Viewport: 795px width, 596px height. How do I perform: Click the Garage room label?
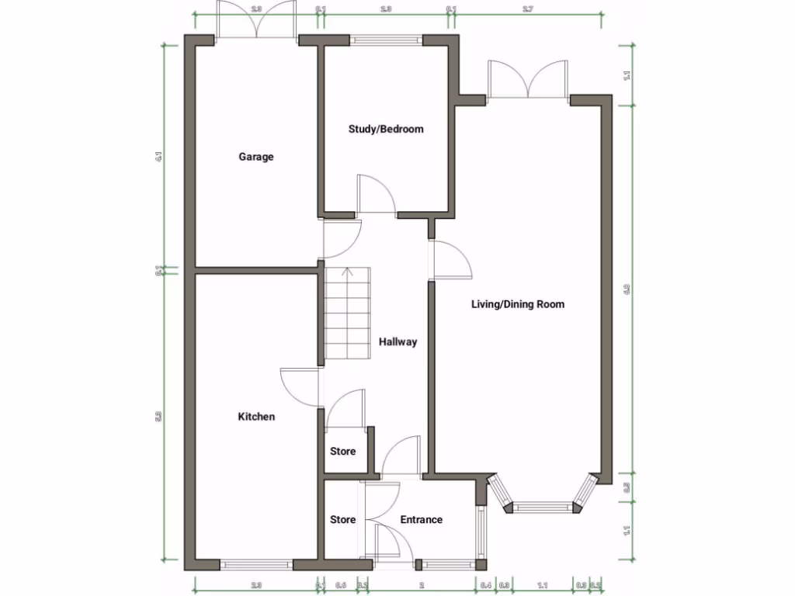point(255,157)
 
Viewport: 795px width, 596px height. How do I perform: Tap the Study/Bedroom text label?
point(386,129)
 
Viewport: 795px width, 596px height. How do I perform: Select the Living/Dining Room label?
point(518,304)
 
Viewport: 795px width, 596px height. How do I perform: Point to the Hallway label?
point(398,341)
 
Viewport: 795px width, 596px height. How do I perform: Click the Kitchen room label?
point(255,417)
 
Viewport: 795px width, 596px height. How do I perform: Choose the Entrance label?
point(421,520)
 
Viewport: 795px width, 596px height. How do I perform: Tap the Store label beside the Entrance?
point(342,520)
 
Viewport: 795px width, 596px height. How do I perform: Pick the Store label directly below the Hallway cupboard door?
point(342,451)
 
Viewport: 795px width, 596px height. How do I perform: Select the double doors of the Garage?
point(256,19)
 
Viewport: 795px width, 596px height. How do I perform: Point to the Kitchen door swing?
point(299,386)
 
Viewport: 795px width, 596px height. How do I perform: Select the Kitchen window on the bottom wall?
point(256,564)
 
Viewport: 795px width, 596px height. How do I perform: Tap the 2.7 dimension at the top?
point(527,9)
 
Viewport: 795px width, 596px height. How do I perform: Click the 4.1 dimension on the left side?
point(158,156)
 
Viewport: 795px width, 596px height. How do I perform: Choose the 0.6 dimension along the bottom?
point(341,584)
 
